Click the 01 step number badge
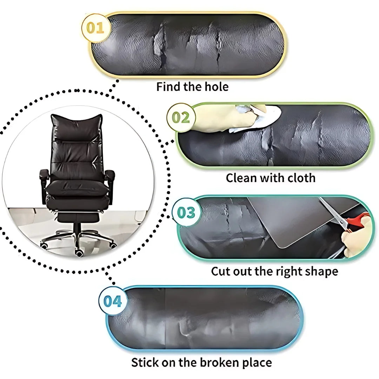[95, 28]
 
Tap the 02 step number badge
[181, 118]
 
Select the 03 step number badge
[186, 212]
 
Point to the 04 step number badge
[112, 301]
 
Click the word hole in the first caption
[217, 87]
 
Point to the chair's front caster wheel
[79, 253]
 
